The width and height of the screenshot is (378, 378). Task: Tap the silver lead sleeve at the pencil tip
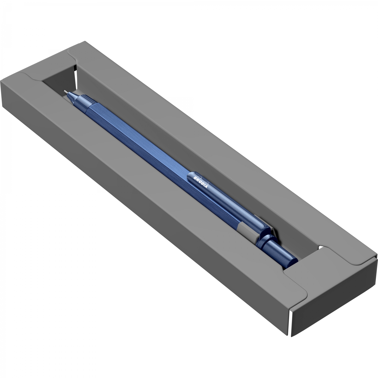click(66, 92)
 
